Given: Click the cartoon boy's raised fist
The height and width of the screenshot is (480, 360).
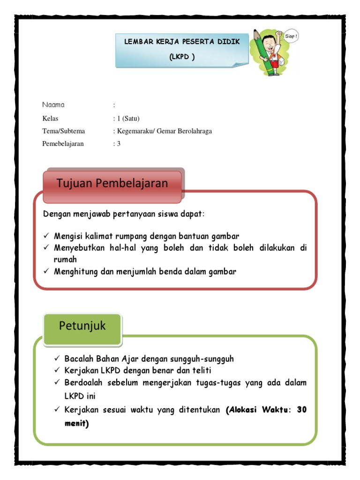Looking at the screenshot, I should point(279,34).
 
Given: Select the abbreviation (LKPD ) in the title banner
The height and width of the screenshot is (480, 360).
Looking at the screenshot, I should point(182,57).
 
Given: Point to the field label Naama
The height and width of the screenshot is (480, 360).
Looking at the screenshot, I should point(53,105).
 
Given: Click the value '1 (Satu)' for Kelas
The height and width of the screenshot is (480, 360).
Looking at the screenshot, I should point(128,118).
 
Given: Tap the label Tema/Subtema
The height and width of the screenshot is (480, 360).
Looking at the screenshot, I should point(64,131).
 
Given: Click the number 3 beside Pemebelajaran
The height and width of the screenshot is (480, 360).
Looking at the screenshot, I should point(119,143).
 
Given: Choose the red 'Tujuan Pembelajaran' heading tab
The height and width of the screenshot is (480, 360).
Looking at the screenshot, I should point(112,183).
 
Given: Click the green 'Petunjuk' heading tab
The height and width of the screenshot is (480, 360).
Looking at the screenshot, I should point(82,326).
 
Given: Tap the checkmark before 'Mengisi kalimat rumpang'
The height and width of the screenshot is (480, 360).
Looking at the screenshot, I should point(46,236).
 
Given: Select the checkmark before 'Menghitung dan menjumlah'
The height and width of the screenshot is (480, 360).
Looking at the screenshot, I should point(46,271).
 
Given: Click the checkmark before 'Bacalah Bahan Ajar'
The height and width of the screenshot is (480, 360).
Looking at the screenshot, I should point(57,359).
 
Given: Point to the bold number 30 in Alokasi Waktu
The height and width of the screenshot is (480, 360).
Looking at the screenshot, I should point(302,409).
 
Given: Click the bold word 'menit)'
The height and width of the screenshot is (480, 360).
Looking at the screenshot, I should point(76,424).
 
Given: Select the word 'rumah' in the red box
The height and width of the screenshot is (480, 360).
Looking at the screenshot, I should point(65,259).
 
